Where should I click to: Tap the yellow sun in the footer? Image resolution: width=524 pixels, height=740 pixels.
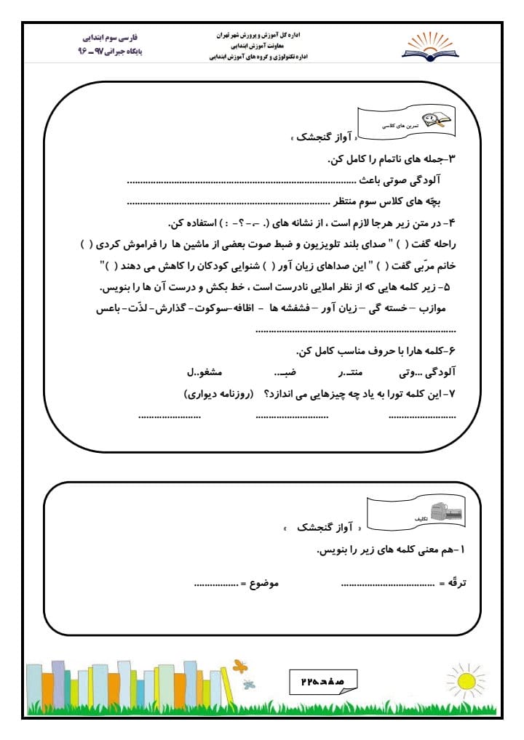465,681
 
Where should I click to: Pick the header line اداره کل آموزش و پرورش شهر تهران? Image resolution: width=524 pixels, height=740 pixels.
260,34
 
